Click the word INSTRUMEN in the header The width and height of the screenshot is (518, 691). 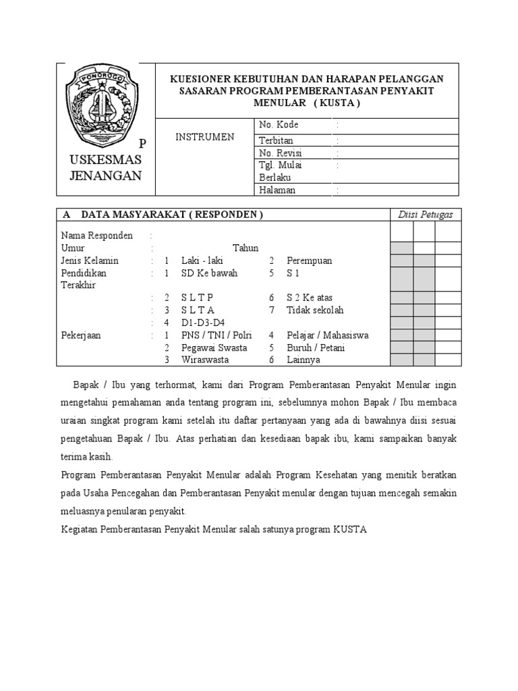click(205, 137)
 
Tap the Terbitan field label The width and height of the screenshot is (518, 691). click(277, 140)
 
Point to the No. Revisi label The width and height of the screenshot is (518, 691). click(281, 153)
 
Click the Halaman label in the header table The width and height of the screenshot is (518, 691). click(277, 190)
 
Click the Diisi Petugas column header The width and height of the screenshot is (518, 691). click(425, 215)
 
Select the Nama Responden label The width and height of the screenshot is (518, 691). click(96, 236)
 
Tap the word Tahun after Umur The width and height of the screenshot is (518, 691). click(246, 248)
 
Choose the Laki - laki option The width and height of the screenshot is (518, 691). click(202, 260)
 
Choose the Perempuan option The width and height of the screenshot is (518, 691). click(309, 260)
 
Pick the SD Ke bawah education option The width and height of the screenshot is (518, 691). click(209, 273)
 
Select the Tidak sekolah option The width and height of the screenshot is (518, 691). click(315, 310)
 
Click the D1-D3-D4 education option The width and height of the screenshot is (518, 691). click(203, 323)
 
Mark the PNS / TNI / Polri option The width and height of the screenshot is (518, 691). click(215, 335)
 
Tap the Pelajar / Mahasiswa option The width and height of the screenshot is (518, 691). click(327, 335)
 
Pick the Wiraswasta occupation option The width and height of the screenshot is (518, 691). click(204, 360)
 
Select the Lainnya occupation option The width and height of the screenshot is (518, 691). click(304, 360)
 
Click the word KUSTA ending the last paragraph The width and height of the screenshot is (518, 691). click(349, 530)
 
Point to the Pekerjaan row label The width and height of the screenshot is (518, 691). click(81, 335)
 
